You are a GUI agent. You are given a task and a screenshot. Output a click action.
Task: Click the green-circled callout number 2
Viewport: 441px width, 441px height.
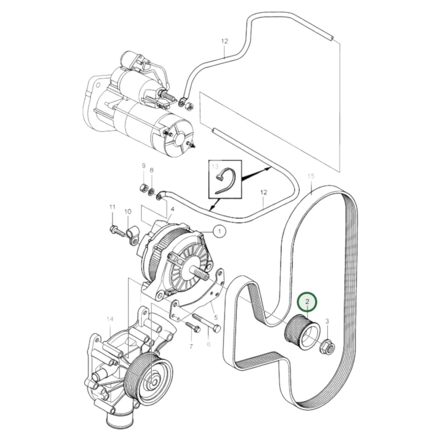(x=307, y=302)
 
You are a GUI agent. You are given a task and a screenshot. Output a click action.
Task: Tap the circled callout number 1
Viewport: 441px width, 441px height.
(x=219, y=231)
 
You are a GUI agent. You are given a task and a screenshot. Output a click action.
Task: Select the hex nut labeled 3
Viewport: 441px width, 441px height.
(x=328, y=346)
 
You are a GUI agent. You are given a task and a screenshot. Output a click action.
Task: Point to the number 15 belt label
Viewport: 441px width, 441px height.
(x=311, y=176)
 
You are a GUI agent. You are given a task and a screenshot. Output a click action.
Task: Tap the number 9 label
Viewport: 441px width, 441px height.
(x=143, y=166)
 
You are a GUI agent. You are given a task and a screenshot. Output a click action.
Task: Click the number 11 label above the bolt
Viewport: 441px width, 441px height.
(x=112, y=207)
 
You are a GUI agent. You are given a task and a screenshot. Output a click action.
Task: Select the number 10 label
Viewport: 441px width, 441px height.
(x=128, y=211)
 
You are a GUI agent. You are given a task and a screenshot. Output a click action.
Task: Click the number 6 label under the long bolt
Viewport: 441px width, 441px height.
(x=209, y=345)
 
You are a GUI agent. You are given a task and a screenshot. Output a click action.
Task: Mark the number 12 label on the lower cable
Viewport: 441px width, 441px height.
(x=264, y=192)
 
